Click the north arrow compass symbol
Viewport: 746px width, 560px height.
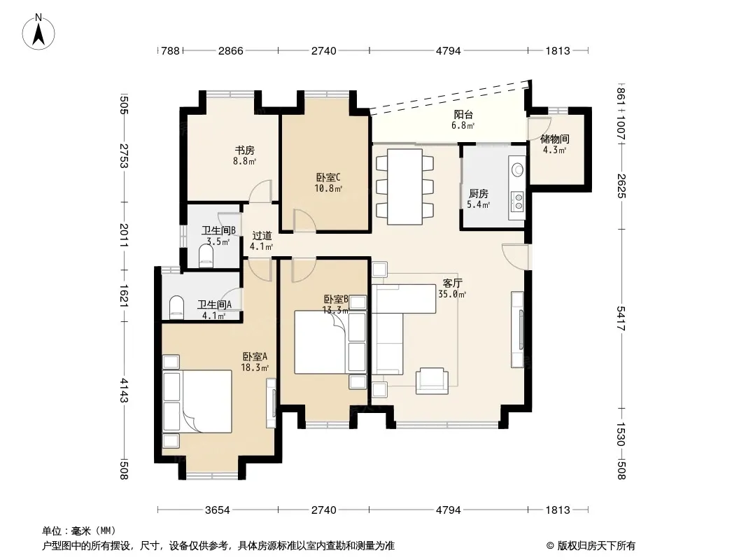click(38, 32)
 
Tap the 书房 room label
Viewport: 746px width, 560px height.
click(244, 151)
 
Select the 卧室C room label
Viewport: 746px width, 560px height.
click(328, 178)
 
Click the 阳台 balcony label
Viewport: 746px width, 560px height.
click(463, 115)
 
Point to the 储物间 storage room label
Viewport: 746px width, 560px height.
click(555, 139)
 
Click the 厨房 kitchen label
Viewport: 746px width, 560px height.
click(478, 194)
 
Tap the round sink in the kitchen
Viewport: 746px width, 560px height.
click(517, 169)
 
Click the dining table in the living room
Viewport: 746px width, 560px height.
click(405, 186)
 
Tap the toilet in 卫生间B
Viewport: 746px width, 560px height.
click(206, 255)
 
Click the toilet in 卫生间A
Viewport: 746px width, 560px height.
click(176, 307)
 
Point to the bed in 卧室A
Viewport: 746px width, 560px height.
click(197, 401)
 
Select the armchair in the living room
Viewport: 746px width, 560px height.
click(432, 381)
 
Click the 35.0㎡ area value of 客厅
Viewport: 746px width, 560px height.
click(452, 294)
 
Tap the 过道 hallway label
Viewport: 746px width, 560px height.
click(262, 235)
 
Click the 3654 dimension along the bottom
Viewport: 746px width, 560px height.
click(218, 510)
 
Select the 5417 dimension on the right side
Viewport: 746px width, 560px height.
click(621, 318)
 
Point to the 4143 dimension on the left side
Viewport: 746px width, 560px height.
click(124, 390)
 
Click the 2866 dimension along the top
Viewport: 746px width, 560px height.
click(231, 50)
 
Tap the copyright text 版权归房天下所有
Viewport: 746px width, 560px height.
click(596, 546)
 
